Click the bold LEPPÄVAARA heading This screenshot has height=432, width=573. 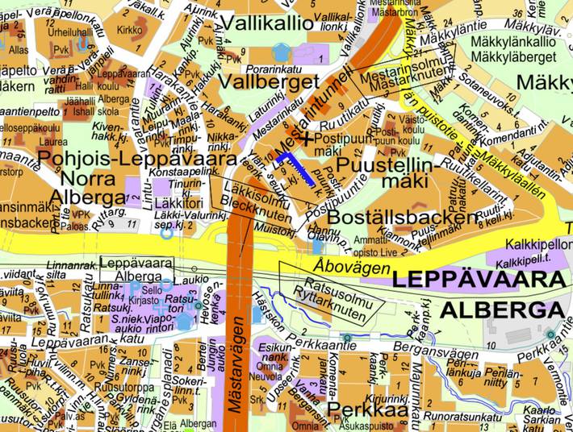tap(479, 280)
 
